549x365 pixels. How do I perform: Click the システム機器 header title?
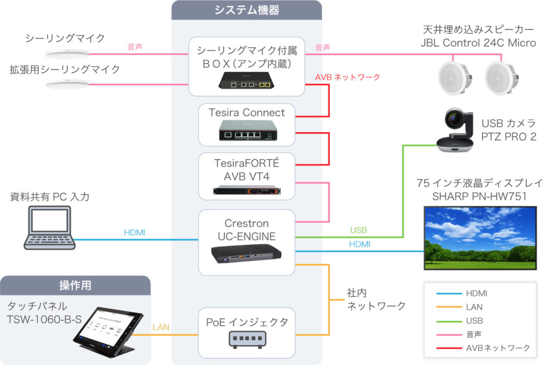point(247,10)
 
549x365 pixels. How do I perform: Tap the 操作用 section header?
point(75,285)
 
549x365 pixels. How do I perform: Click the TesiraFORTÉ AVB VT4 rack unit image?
point(247,190)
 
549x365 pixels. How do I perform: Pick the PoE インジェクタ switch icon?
point(247,339)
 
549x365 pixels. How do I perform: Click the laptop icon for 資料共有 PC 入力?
point(48,228)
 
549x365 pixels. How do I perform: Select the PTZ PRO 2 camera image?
point(455,132)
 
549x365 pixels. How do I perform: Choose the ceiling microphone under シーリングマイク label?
point(66,53)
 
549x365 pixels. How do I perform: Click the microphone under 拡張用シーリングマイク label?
point(66,84)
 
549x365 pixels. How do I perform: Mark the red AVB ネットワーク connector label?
point(347,77)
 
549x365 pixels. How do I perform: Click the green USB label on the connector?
point(358,230)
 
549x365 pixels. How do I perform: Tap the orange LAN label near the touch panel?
point(161,327)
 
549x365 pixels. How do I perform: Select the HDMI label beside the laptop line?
point(135,232)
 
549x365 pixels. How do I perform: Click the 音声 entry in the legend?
point(474,334)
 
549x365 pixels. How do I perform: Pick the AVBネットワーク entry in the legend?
point(498,348)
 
